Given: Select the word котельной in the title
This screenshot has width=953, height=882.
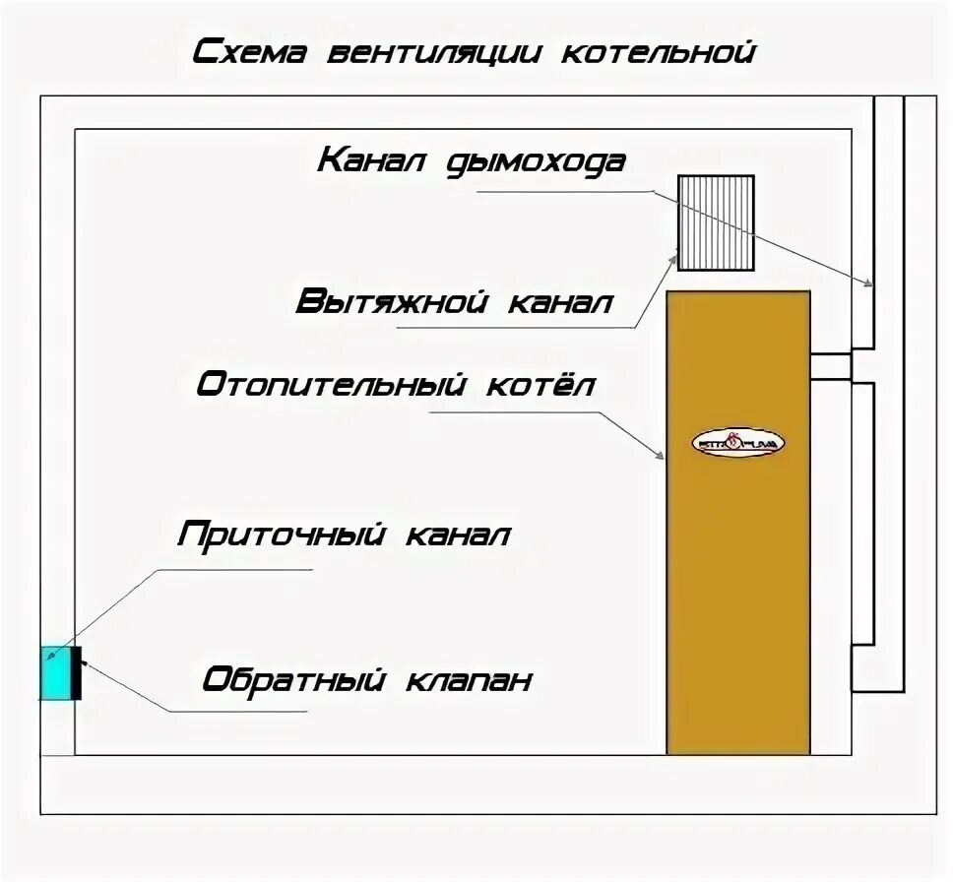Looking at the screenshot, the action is click(x=658, y=51).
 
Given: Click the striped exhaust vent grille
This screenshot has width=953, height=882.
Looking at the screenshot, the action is click(x=716, y=222).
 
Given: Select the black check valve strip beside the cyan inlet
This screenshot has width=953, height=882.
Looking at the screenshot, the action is click(x=80, y=673).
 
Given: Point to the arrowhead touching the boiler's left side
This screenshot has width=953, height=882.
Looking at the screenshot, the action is click(x=662, y=455).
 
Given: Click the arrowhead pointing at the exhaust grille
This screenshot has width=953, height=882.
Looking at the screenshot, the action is click(x=673, y=258).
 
